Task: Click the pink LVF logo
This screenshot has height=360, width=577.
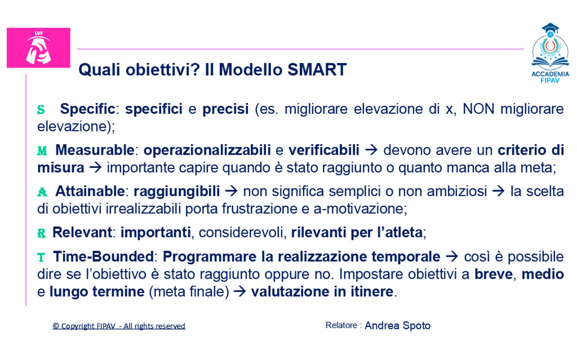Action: point(38,48)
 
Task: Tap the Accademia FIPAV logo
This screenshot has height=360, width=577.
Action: point(550,53)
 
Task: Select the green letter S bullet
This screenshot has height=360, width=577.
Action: point(41,109)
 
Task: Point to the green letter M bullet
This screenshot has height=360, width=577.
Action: point(42,151)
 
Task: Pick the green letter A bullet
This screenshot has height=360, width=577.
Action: point(42,192)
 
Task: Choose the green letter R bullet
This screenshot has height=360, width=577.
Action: point(41,233)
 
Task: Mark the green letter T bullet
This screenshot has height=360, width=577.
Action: point(41,257)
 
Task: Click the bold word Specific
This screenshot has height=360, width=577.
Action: point(88,109)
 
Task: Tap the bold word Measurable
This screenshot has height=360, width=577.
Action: point(94,150)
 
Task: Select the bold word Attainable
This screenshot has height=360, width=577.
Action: point(90,191)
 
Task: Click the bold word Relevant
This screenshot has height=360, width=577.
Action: point(82,232)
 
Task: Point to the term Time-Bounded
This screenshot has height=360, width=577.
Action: point(103,256)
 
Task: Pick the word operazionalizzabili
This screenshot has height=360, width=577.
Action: point(207,150)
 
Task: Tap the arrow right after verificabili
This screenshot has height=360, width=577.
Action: point(371,150)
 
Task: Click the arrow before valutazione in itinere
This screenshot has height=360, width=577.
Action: point(240,292)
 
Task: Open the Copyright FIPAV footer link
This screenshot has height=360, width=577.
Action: point(119,326)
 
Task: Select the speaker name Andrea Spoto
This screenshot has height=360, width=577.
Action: point(397,326)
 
